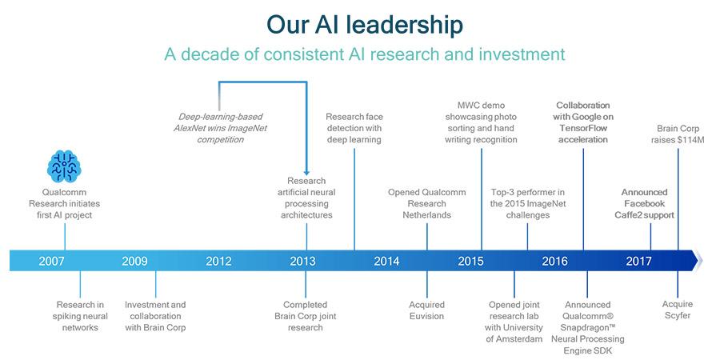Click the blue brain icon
64,166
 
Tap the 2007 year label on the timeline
51,262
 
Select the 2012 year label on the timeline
218,262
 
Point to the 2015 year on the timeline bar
470,262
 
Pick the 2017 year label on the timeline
638,262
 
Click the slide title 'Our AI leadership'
365,25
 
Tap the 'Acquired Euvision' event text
426,310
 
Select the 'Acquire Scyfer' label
678,310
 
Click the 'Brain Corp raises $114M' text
678,134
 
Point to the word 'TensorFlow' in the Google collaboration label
583,128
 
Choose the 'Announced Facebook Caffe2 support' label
644,203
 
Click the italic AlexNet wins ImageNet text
220,128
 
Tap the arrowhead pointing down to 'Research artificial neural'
306,172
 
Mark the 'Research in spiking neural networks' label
80,316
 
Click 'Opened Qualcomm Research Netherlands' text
426,203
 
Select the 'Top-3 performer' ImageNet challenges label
528,203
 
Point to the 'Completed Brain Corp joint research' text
306,316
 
